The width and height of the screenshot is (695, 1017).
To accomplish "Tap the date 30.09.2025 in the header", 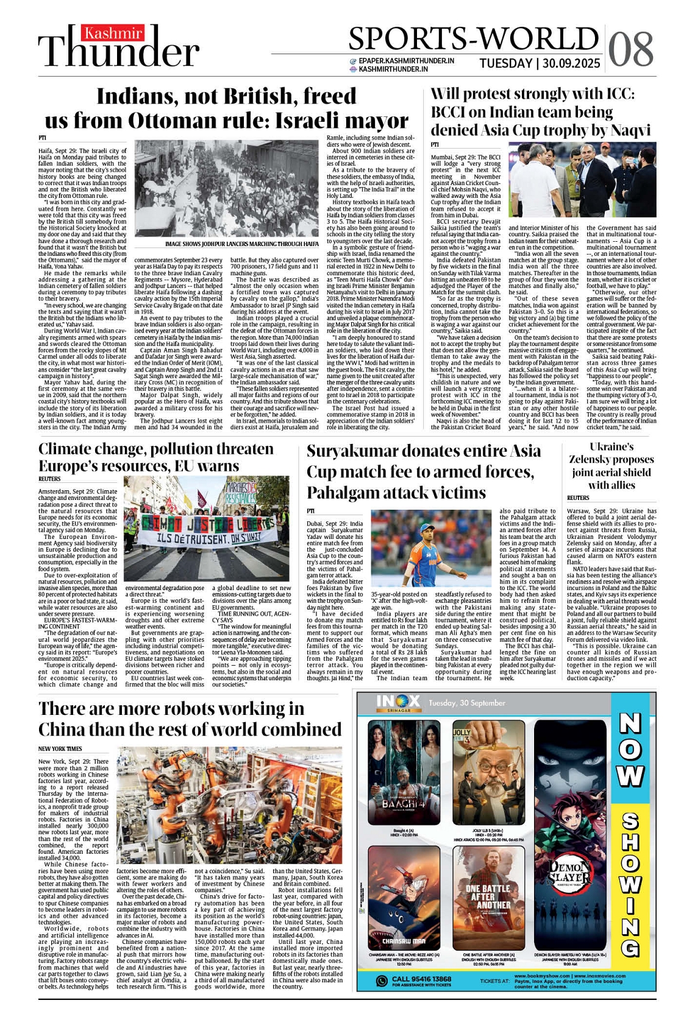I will pos(571,63).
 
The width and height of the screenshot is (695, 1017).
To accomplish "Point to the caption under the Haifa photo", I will pos(241,244).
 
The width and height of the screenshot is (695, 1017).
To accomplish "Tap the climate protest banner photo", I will pos(207,529).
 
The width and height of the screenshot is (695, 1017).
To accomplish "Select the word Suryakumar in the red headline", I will pos(360,451).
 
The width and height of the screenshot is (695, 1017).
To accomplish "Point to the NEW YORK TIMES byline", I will pos(60,748).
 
